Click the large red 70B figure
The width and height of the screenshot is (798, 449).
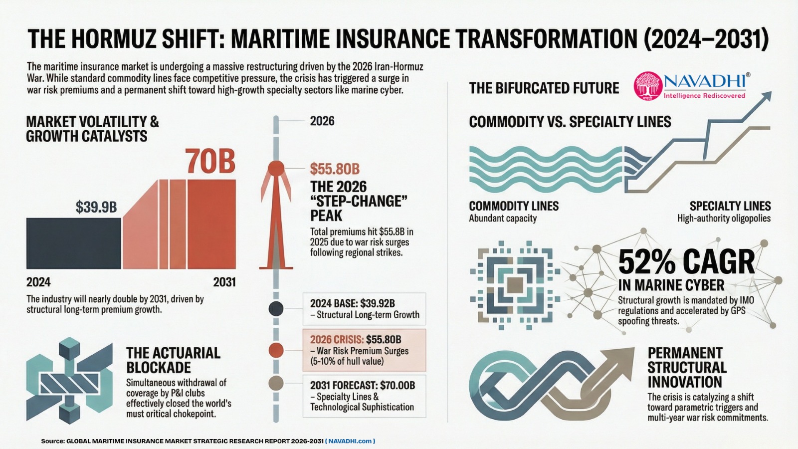tap(210, 161)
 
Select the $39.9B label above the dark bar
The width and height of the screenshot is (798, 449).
tap(96, 207)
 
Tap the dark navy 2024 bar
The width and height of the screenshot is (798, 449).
tap(73, 243)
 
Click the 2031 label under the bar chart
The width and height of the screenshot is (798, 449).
tap(224, 282)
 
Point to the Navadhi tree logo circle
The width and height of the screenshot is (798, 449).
tap(647, 86)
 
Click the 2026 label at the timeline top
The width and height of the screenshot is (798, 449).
tap(322, 121)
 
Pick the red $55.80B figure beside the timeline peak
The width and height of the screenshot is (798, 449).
tap(335, 169)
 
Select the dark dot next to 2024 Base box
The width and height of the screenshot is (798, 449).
tap(276, 309)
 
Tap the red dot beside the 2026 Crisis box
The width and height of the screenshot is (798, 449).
tap(276, 350)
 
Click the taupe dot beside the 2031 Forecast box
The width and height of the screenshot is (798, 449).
tap(276, 384)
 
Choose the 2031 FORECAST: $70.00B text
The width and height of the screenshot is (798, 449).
tap(363, 385)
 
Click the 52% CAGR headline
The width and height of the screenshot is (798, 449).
tap(686, 262)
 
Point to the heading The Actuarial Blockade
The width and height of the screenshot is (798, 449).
tap(173, 360)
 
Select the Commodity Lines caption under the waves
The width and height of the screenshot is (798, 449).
tap(514, 206)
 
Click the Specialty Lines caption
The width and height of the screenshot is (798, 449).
tap(730, 206)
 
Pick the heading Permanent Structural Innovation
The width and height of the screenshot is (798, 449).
tap(687, 367)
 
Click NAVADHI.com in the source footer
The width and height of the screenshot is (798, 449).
tap(350, 441)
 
